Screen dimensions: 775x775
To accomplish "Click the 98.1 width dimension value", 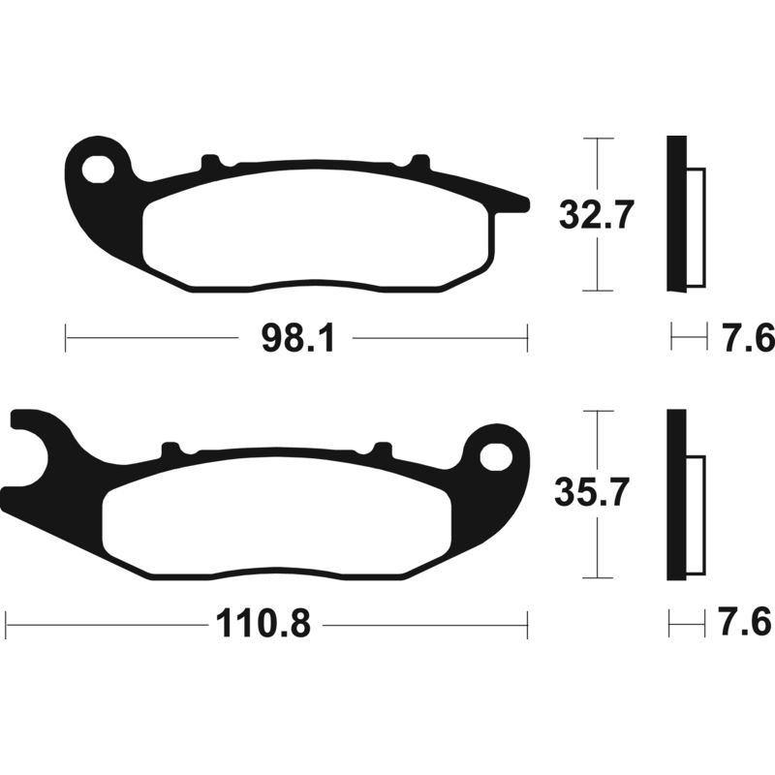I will click(296, 339).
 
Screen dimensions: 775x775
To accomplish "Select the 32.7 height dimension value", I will click(596, 215).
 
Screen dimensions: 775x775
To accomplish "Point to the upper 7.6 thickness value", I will click(746, 338).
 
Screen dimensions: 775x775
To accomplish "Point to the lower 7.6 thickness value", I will click(746, 624).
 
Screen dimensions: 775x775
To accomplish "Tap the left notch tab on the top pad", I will click(210, 164).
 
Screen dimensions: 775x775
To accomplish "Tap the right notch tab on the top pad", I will click(419, 163).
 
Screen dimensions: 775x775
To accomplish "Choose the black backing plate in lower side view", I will click(675, 496).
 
